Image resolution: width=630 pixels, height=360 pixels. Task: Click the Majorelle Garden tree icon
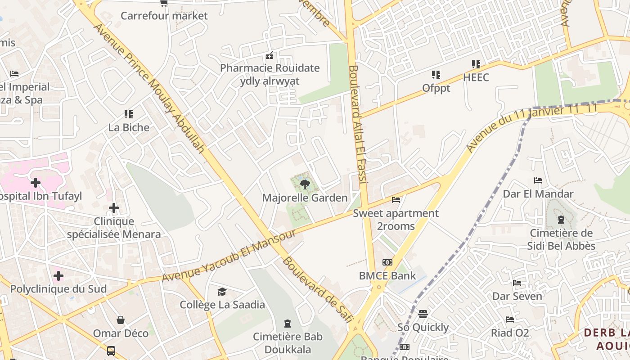[305, 184]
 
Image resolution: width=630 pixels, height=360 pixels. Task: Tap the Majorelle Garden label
[305, 198]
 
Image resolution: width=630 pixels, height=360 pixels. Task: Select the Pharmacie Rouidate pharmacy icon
[270, 56]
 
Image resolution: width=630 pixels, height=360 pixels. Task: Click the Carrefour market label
[164, 16]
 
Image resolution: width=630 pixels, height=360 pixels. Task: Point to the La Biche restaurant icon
[129, 114]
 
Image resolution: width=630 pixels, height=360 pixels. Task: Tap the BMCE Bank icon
[387, 262]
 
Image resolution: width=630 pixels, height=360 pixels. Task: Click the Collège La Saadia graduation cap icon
[222, 292]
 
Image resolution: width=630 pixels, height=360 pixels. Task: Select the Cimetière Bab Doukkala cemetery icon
[287, 324]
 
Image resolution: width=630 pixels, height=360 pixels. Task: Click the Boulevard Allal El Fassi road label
[358, 124]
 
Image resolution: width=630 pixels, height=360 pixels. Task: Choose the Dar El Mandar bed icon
[538, 181]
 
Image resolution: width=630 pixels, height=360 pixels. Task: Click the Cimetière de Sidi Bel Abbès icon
[561, 220]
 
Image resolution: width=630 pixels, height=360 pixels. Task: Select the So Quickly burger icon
[423, 314]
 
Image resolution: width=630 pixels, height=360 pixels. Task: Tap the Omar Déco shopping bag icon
[120, 320]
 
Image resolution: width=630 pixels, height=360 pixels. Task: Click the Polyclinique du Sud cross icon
[58, 275]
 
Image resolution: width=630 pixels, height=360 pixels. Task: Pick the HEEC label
[476, 77]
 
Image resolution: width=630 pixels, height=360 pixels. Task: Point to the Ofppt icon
[436, 75]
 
